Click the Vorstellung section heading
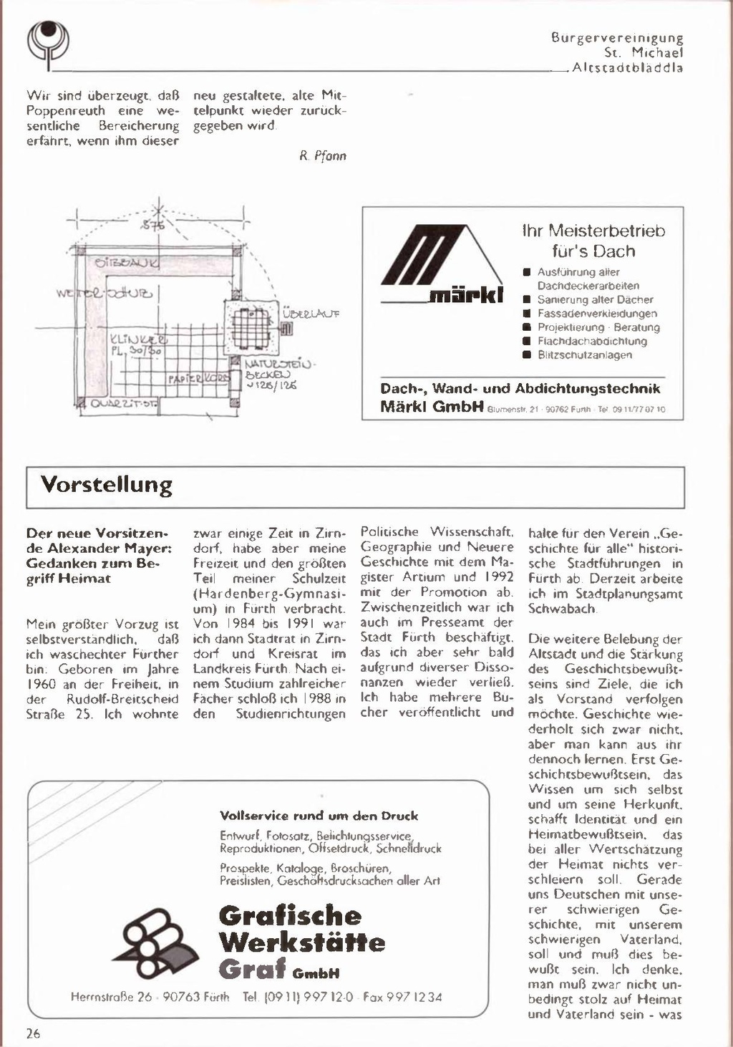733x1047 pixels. (107, 485)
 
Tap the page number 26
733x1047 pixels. (33, 1033)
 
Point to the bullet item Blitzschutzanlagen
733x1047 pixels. (585, 355)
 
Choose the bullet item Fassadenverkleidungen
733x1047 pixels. (597, 314)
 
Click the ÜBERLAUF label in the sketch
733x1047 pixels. (311, 314)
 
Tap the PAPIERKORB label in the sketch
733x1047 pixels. (200, 377)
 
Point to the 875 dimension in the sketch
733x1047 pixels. (152, 226)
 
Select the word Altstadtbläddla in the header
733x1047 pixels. (628, 68)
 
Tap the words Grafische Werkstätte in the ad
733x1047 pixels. (301, 929)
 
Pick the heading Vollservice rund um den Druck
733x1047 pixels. (319, 816)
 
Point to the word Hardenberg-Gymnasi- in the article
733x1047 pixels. (269, 594)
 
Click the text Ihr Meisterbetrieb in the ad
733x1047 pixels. (593, 231)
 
